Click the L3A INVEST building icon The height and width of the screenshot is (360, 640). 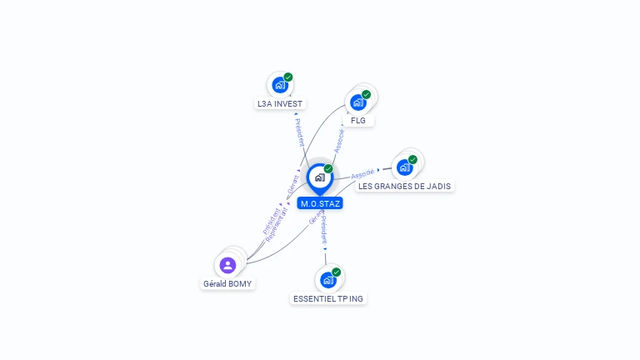click(280, 85)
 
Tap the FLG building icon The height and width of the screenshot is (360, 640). click(358, 102)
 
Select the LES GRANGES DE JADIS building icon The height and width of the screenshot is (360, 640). click(405, 167)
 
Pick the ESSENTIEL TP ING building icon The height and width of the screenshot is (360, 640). click(328, 280)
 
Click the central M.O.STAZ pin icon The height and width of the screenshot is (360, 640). click(319, 177)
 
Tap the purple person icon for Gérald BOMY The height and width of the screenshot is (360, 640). click(227, 265)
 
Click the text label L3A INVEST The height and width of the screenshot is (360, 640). click(280, 104)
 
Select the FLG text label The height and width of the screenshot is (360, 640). click(358, 121)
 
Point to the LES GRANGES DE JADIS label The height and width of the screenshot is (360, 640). click(406, 186)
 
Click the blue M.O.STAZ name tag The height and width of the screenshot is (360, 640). click(321, 203)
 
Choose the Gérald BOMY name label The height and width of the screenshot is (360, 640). click(227, 283)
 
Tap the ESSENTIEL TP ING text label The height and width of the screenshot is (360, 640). click(329, 298)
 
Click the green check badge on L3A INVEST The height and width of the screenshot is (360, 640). click(288, 77)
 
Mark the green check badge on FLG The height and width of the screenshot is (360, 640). click(367, 94)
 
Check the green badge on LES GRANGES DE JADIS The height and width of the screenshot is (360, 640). click(413, 159)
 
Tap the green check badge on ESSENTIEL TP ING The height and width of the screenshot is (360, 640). click(337, 272)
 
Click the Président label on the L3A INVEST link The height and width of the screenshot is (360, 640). click(299, 132)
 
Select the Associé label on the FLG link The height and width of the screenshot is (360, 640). click(340, 139)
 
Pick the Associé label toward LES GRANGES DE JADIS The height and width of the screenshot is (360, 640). click(362, 174)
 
